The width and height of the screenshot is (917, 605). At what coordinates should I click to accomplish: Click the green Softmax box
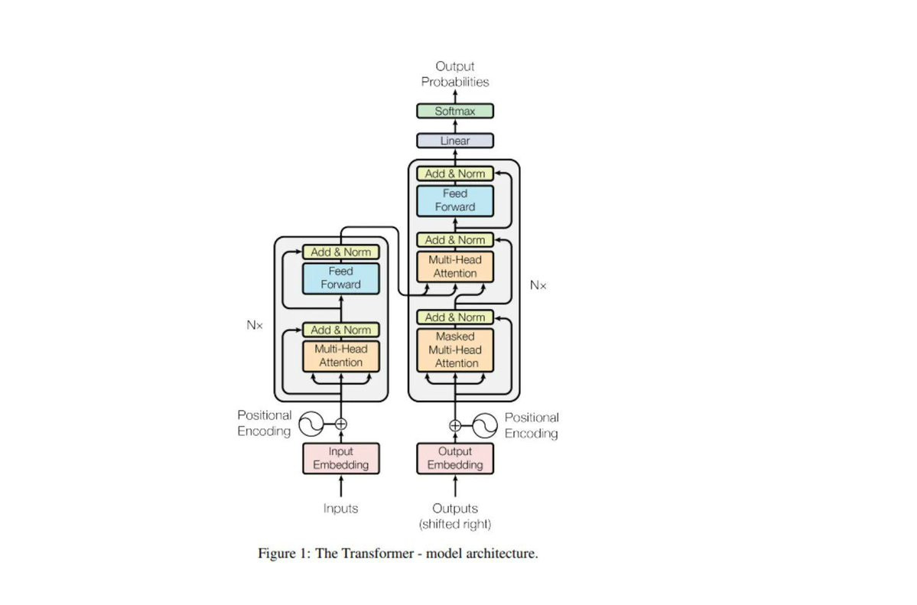(x=455, y=111)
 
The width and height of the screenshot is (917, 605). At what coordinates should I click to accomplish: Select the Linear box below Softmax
(x=455, y=141)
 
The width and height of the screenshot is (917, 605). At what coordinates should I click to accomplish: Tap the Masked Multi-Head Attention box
(x=455, y=350)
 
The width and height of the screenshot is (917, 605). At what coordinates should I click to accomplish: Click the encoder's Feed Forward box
(x=341, y=278)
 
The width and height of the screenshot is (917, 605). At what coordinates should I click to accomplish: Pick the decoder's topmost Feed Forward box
(x=455, y=200)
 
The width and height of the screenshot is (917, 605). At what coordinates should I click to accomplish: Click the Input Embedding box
(x=341, y=458)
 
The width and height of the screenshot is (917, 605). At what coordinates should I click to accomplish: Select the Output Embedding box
(x=455, y=458)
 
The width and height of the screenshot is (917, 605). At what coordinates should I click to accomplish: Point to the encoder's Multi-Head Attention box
(x=341, y=356)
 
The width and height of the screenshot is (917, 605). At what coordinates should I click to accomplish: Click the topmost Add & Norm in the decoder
(x=455, y=174)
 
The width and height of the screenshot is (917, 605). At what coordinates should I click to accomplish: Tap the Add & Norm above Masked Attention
(x=455, y=317)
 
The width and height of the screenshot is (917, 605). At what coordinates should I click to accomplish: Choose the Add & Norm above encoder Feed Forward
(x=341, y=252)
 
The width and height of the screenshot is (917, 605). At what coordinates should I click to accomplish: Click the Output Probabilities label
(x=455, y=74)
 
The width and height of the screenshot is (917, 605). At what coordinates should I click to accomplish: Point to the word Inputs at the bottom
(x=341, y=508)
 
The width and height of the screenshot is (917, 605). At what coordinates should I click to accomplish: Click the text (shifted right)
(x=455, y=524)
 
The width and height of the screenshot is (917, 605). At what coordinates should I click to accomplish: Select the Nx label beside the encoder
(x=255, y=325)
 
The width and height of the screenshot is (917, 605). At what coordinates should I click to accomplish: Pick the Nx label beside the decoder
(x=538, y=285)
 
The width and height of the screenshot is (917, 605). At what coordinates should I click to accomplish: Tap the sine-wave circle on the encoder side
(x=311, y=423)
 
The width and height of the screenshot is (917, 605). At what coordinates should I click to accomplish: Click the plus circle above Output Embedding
(x=455, y=425)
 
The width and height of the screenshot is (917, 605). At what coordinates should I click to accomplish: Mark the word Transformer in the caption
(x=366, y=553)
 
